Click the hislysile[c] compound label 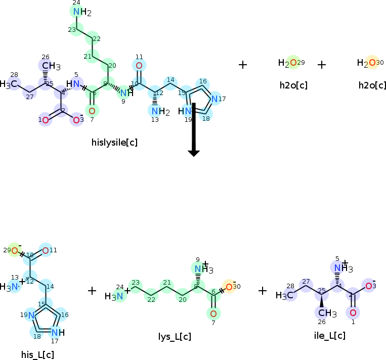click(x=115, y=143)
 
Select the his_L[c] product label click(x=37, y=354)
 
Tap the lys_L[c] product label click(x=175, y=337)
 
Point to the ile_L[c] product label click(x=330, y=335)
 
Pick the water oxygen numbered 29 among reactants click(x=293, y=63)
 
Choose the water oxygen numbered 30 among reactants click(x=372, y=63)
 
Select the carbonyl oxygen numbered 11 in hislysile click(x=139, y=66)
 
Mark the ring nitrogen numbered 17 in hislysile click(x=215, y=99)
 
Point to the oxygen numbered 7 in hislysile click(x=92, y=110)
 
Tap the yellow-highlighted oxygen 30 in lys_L click(x=229, y=287)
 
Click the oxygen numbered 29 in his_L click(x=14, y=250)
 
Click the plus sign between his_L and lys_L click(x=92, y=291)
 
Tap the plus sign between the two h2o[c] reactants click(x=322, y=65)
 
